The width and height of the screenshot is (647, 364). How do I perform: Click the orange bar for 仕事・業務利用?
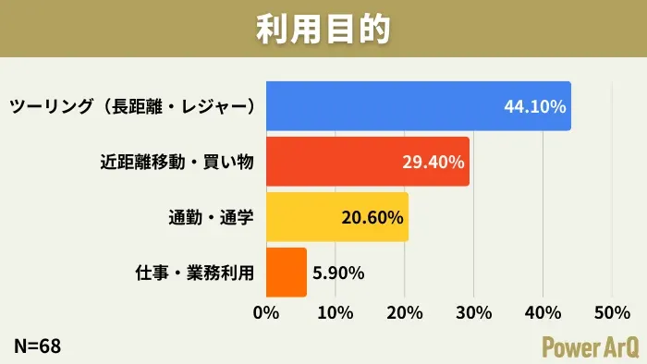[x=286, y=273]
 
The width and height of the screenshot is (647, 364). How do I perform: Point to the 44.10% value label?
[x=534, y=106]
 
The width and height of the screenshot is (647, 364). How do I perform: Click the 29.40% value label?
[x=433, y=162]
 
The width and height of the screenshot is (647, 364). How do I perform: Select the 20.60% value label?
[x=372, y=218]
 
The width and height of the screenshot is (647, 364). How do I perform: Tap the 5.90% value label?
[x=339, y=273]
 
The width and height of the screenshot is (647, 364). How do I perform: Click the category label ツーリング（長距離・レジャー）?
[x=132, y=106]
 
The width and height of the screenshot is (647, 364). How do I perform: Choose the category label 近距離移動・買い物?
[x=177, y=162]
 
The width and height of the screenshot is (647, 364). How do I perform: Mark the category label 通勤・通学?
[x=211, y=218]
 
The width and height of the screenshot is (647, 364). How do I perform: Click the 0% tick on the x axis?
[x=266, y=312]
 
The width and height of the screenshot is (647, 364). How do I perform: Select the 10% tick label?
[x=335, y=312]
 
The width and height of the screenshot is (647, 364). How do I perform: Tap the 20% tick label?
[x=404, y=312]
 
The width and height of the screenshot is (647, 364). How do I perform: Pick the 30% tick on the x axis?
[x=473, y=312]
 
